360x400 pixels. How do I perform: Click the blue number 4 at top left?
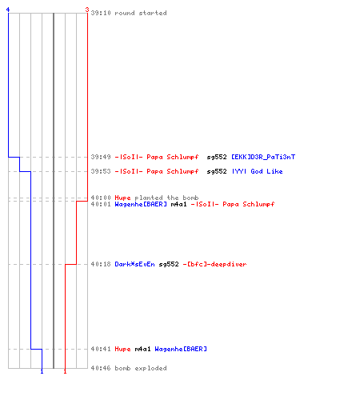point(8,10)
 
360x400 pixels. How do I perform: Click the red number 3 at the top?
point(87,10)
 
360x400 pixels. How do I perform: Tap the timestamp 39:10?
point(101,13)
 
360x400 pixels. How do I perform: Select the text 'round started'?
point(141,13)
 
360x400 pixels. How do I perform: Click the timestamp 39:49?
point(101,157)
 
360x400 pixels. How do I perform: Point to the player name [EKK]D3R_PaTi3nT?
point(263,157)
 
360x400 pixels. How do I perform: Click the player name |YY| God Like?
point(257,171)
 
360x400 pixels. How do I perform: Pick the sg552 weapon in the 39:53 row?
point(217,171)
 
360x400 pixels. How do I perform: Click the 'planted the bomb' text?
point(166,198)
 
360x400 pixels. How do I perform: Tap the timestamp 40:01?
point(101,204)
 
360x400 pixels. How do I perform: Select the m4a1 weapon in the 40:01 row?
point(178,204)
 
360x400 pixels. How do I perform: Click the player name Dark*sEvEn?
point(134,264)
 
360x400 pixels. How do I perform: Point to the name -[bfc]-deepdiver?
point(214,264)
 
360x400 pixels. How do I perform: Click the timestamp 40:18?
point(101,264)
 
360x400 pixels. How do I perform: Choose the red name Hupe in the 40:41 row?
point(122,349)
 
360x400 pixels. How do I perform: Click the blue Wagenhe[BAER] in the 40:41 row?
point(181,349)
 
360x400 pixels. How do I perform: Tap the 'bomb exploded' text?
point(141,368)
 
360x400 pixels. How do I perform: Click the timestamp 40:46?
point(101,368)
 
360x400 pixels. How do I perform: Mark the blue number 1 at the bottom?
point(42,371)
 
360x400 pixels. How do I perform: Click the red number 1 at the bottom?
point(65,371)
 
